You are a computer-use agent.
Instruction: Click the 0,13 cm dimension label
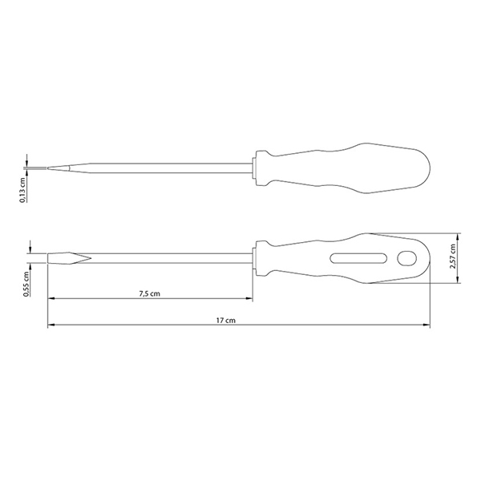pos(22,190)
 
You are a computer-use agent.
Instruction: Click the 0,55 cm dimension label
pos(26,284)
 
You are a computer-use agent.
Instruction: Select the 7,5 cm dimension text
pos(150,293)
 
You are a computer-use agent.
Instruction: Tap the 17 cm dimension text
pos(226,320)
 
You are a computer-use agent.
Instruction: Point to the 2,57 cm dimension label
pos(452,257)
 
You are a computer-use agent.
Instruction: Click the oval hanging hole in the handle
pos(406,258)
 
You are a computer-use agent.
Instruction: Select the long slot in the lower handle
pos(358,258)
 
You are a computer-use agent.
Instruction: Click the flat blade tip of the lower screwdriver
pos(48,258)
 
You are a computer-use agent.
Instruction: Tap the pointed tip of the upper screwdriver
pos(47,168)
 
